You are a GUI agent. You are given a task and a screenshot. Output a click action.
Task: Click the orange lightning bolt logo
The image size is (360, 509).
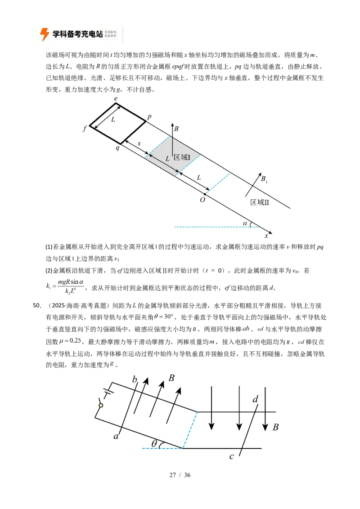point(45,34)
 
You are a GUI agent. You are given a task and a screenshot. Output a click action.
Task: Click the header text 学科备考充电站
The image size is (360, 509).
point(78,34)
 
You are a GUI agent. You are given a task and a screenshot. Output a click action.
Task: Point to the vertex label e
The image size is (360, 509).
point(116,98)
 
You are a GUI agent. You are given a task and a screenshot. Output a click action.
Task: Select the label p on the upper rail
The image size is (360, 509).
point(149,116)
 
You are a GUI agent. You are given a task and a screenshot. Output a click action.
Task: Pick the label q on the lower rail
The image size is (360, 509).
point(117,147)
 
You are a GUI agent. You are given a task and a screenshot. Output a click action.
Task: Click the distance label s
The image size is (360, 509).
point(139,143)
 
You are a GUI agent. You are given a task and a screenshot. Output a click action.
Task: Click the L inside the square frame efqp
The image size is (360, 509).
point(113,120)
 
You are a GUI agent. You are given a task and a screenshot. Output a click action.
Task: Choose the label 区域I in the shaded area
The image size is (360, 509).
point(182,157)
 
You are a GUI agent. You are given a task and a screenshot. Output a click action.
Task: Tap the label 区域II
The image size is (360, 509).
point(260,202)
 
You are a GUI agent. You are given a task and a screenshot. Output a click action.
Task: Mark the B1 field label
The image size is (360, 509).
point(264,179)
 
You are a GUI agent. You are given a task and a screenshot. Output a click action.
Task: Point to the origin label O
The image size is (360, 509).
point(202,200)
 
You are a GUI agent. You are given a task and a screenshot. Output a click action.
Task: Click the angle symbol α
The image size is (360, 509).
point(245,223)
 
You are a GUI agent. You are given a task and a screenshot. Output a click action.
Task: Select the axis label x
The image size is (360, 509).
point(266,235)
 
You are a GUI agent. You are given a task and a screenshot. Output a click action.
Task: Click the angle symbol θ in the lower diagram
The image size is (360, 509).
point(154,443)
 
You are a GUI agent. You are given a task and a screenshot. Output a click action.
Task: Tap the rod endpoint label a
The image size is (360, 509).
point(116,436)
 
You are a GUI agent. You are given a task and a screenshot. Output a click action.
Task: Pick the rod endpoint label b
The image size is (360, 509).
point(134,380)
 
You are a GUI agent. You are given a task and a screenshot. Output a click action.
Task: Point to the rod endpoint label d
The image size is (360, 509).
point(255,399)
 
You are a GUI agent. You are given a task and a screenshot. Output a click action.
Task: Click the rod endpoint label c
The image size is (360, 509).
point(232,456)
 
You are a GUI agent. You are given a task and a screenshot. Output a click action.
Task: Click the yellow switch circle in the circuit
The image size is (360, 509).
point(101,406)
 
